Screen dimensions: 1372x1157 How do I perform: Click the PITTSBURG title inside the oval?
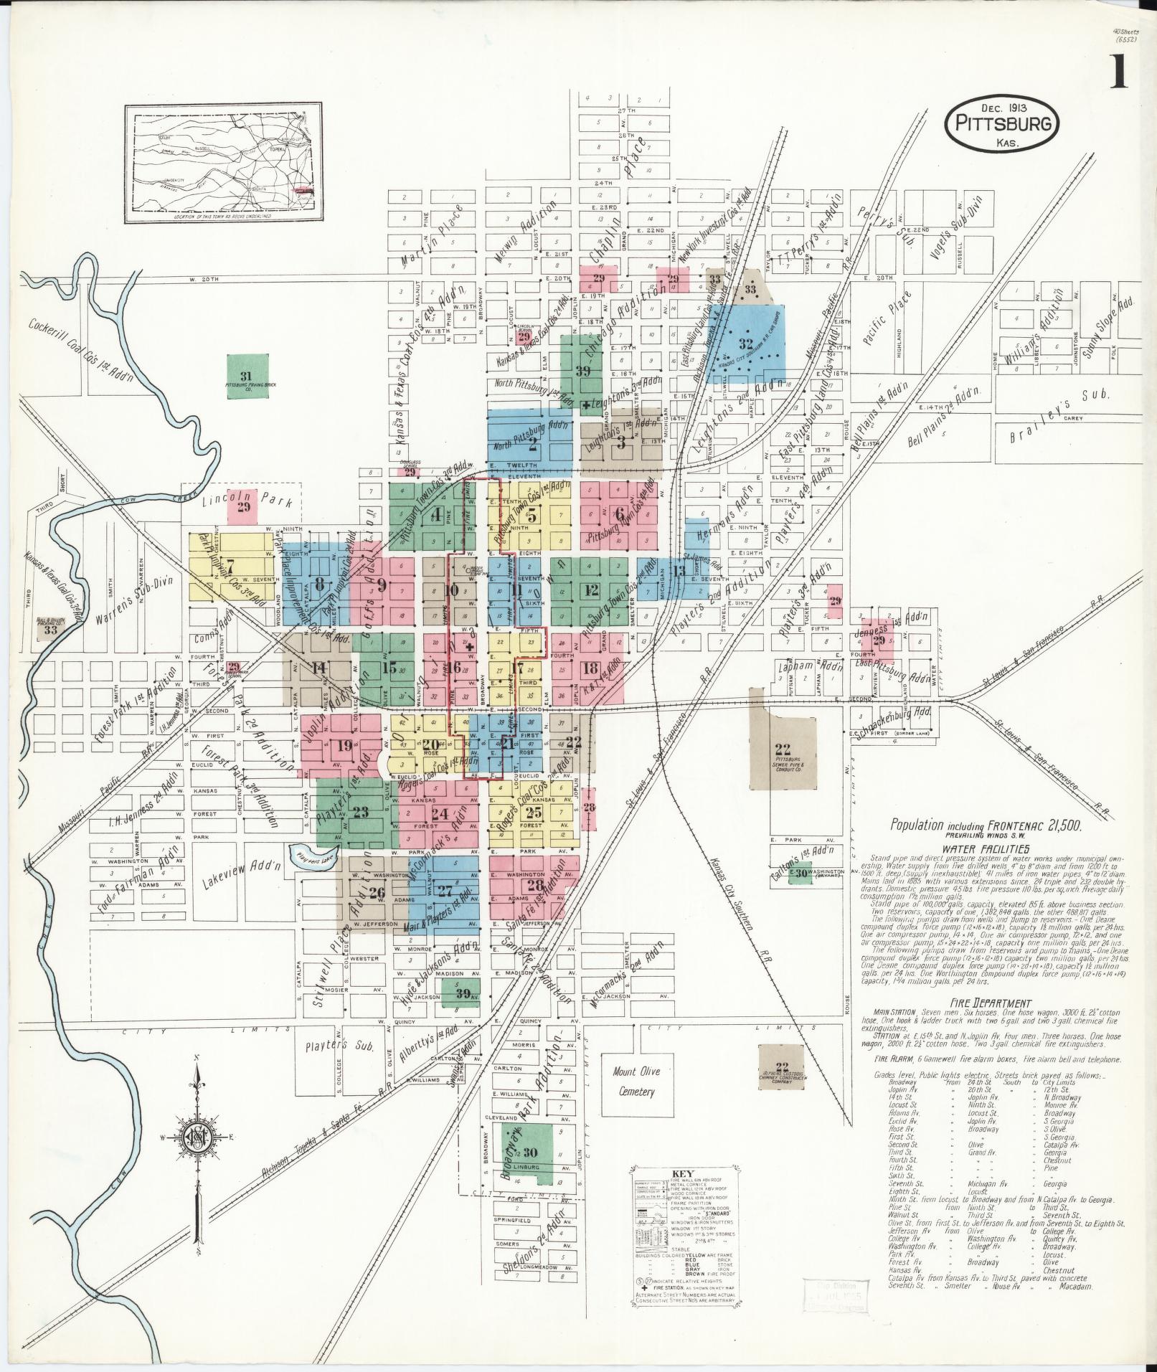tap(1003, 123)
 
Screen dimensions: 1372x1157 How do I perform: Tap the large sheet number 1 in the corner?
tap(1118, 72)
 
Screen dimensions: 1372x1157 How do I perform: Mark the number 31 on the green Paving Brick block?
tap(246, 377)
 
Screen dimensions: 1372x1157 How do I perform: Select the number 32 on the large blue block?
tap(746, 344)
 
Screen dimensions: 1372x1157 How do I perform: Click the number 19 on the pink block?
tap(345, 744)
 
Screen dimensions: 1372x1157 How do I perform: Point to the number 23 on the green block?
tap(361, 813)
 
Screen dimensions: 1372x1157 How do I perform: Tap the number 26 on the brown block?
tap(377, 891)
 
